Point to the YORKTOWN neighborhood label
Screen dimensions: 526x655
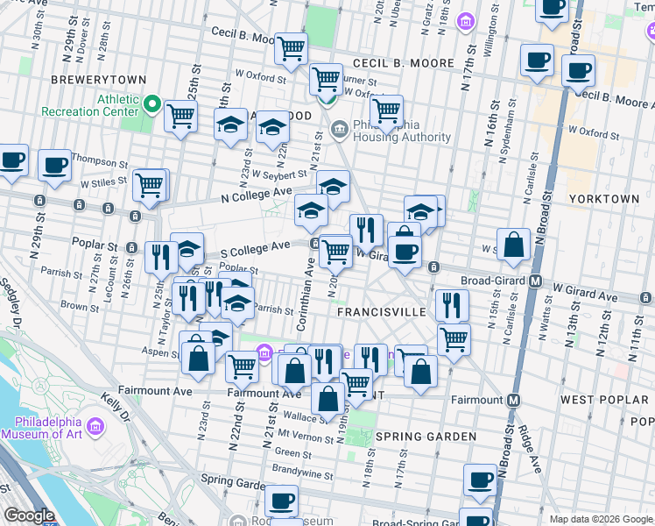point(604,199)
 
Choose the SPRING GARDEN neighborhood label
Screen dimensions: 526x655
point(413,436)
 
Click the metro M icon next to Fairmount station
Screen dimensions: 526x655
point(514,400)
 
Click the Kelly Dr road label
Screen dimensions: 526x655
point(116,408)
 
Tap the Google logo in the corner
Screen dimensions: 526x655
point(29,515)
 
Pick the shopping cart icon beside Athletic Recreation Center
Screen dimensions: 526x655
point(180,114)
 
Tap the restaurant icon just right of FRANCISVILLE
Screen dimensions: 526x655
point(452,305)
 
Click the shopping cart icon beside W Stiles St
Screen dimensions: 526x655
point(150,185)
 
